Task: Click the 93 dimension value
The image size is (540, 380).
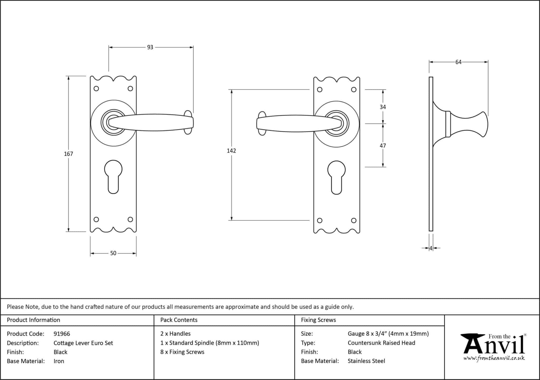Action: tap(150, 47)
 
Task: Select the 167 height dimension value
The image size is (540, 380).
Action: tap(69, 154)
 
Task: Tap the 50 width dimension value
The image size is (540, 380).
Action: tap(113, 253)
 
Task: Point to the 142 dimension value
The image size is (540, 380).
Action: tap(231, 151)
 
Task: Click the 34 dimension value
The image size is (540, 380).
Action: tap(383, 107)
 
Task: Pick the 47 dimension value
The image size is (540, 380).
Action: tap(383, 146)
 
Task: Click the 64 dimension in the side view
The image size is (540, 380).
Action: tap(458, 62)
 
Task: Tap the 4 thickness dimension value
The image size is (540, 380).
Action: tap(431, 248)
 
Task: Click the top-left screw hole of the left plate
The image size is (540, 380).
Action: tap(97, 89)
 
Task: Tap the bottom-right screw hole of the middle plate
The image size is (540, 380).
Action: tap(354, 220)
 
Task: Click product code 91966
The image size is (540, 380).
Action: tap(62, 334)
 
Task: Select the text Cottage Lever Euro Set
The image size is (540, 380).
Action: tap(83, 343)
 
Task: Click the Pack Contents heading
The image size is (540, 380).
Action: tap(179, 320)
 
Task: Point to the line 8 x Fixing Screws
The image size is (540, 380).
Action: tap(182, 352)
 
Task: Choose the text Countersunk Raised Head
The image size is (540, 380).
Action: tap(381, 343)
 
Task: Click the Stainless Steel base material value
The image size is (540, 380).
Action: tap(366, 361)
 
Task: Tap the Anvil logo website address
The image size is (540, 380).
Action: tap(494, 358)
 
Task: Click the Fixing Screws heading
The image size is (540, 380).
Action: tap(318, 320)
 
